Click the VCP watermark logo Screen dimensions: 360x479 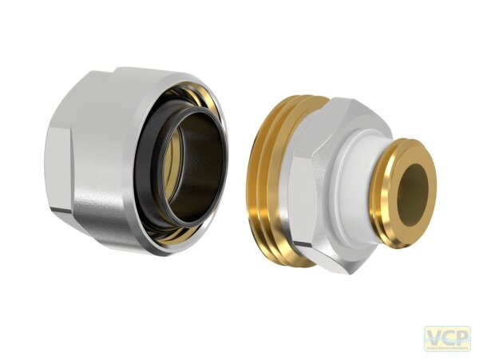click(446, 338)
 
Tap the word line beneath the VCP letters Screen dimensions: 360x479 click(446, 346)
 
